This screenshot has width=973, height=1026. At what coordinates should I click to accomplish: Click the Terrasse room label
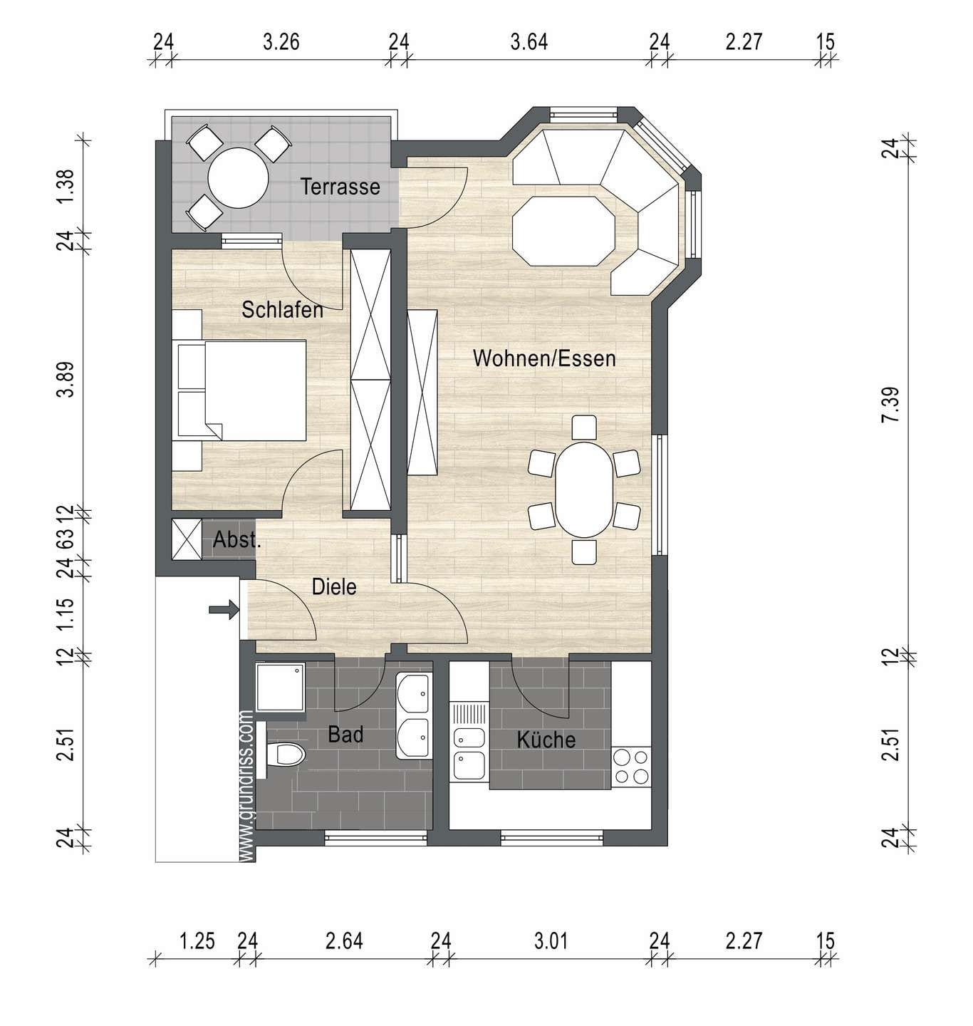pos(340,187)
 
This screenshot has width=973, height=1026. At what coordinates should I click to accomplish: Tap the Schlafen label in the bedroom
pos(282,310)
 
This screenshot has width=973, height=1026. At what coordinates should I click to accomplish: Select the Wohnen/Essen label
pos(544,358)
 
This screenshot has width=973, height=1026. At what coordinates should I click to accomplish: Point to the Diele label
pos(334,587)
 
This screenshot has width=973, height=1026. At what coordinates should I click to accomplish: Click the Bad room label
pos(345,735)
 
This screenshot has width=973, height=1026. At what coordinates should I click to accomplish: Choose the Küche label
pos(546,740)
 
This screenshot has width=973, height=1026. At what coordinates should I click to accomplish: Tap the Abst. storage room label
pos(237,539)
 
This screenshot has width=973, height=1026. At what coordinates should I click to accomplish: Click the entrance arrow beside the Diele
pos(223,610)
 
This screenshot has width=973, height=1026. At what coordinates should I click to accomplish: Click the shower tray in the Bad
pos(280,688)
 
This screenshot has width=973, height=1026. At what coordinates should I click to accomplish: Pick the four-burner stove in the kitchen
pos(631,766)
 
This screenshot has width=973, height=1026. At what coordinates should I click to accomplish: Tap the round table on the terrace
pos(238,178)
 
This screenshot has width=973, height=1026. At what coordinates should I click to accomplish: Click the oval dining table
pos(584,490)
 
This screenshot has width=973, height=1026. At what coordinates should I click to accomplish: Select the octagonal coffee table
pos(564,231)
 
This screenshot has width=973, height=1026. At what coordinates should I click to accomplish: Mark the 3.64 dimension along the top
pos(529,42)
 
